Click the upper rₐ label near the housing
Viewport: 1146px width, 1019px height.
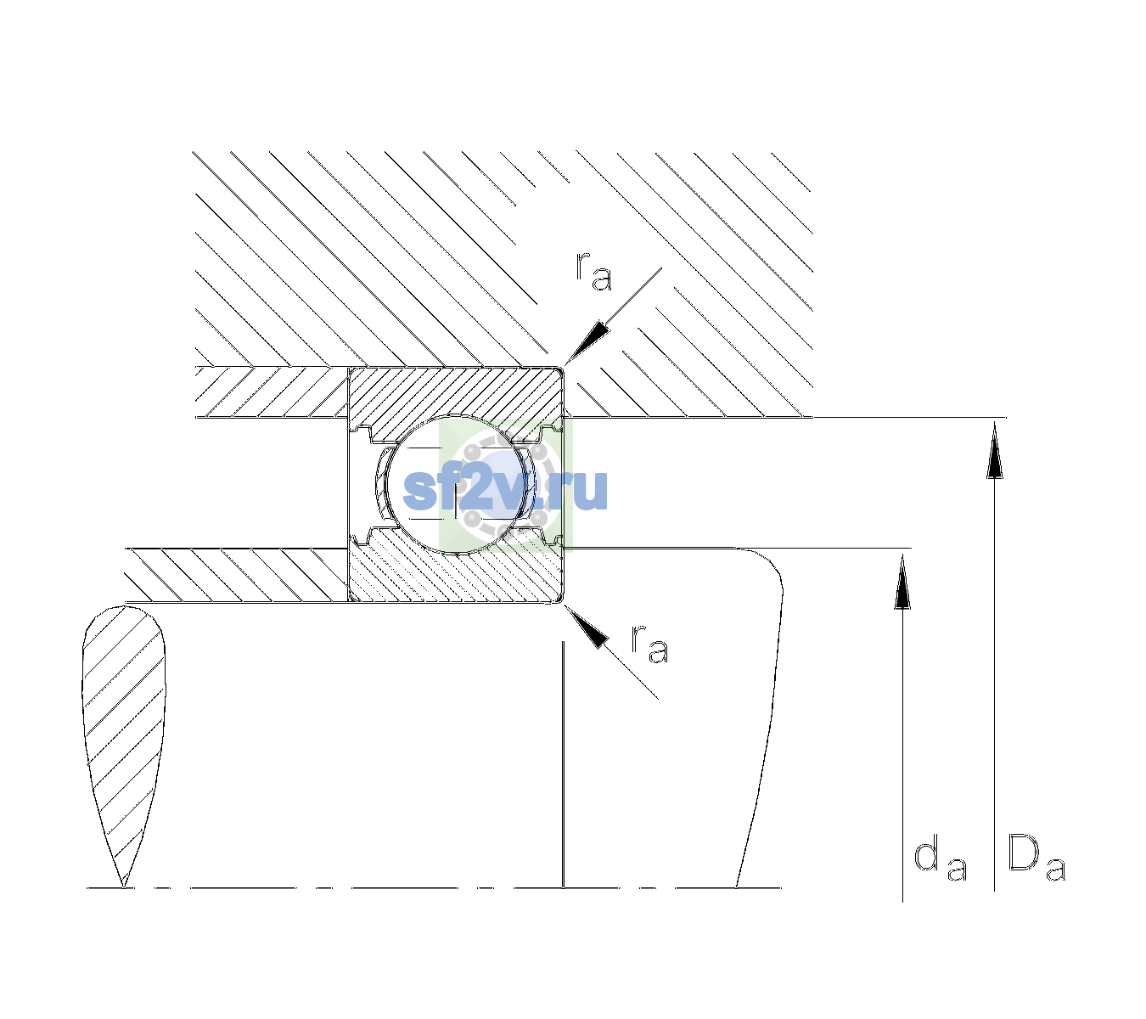tap(593, 271)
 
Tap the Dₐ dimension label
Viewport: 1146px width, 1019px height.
tap(1036, 858)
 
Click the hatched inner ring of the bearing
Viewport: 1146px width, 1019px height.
tap(455, 571)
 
